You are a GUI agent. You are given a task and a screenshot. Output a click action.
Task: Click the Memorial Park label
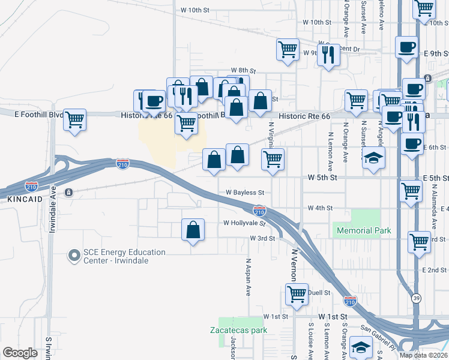point(364,230)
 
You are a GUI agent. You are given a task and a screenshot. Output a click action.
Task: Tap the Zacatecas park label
point(238,330)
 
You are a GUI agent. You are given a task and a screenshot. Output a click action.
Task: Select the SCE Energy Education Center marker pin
point(74,256)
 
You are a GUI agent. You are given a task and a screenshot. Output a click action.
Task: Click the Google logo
point(20,353)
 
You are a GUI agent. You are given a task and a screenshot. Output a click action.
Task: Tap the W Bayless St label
point(245,193)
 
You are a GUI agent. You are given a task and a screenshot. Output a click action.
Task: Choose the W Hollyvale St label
point(244,223)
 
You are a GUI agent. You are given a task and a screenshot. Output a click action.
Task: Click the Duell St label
point(319,293)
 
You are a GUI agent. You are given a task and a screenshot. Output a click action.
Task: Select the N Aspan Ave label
point(248,277)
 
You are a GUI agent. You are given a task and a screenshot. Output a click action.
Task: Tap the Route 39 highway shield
point(416,297)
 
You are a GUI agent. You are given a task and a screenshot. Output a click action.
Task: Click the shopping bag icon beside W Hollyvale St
point(193,230)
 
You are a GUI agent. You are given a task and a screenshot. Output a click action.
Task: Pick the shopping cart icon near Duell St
point(297,295)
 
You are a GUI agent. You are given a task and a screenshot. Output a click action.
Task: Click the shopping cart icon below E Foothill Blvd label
point(75,119)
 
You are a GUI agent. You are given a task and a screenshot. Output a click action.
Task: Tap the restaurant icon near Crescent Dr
point(328,55)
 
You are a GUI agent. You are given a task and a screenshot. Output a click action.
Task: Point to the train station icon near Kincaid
point(69,193)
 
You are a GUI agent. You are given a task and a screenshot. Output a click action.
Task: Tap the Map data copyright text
point(423,355)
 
